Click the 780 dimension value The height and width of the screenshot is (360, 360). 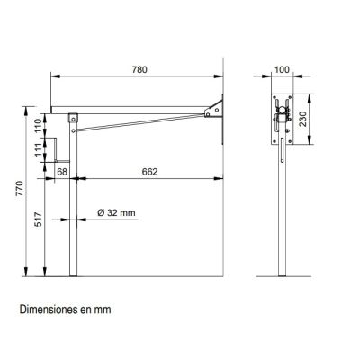click(139, 69)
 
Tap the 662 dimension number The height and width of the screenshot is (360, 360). click(149, 172)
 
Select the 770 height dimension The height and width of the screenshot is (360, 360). click(20, 188)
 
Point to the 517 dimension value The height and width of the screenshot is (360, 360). click(38, 220)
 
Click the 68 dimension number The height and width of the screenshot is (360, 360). click(62, 172)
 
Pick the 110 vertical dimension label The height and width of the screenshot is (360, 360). click(38, 126)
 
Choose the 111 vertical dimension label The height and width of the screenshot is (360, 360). click(38, 149)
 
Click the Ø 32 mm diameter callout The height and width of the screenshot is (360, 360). click(116, 213)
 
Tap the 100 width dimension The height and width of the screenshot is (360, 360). click(282, 70)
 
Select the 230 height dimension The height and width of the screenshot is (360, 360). click(303, 119)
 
